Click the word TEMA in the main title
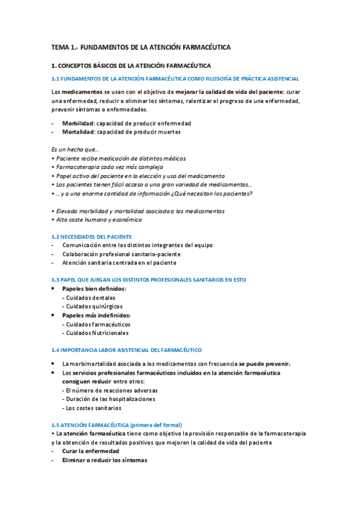(60, 46)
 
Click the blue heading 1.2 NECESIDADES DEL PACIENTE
(91, 236)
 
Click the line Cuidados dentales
(89, 298)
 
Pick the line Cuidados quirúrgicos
(92, 306)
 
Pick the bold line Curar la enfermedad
(90, 451)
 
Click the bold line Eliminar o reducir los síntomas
(104, 460)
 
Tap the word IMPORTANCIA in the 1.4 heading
(81, 349)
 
